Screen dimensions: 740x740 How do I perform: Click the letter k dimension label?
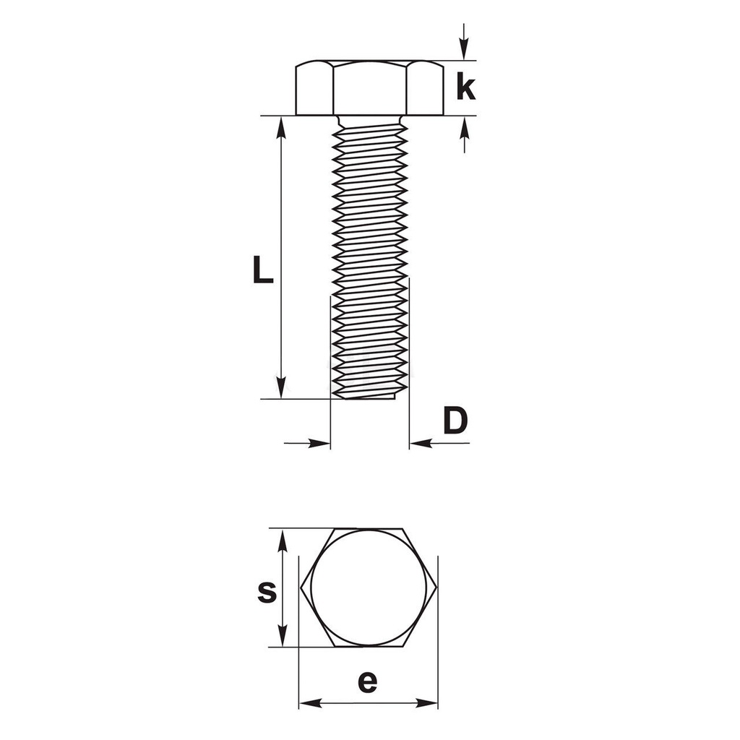[466, 87]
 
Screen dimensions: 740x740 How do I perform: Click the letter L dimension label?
[262, 269]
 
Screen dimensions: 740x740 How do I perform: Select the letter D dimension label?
[455, 421]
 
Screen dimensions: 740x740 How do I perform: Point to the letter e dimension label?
[368, 681]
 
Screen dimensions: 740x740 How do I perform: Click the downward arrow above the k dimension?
[464, 51]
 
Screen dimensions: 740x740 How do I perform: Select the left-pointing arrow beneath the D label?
[421, 443]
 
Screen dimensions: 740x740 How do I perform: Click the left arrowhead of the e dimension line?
[309, 702]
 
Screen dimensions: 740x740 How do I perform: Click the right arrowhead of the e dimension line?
[428, 702]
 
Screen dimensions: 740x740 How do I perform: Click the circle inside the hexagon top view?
[369, 588]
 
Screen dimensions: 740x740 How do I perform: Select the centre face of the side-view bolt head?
[369, 89]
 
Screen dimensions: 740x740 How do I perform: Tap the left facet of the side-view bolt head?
[314, 90]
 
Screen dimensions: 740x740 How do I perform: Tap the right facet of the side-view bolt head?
[425, 90]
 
